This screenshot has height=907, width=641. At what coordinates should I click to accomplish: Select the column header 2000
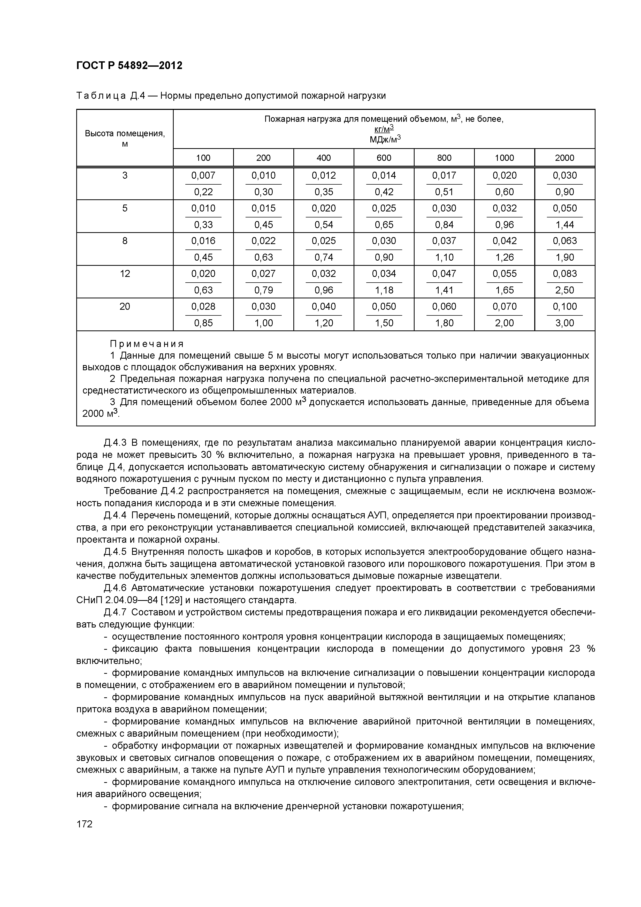coord(564,158)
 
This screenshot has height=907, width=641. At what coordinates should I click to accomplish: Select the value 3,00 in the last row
coord(564,323)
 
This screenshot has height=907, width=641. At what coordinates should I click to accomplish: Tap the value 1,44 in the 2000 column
coord(564,225)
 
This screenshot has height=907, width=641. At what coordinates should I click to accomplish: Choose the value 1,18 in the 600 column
coord(384,290)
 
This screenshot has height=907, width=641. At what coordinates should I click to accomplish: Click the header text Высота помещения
coord(125,133)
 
